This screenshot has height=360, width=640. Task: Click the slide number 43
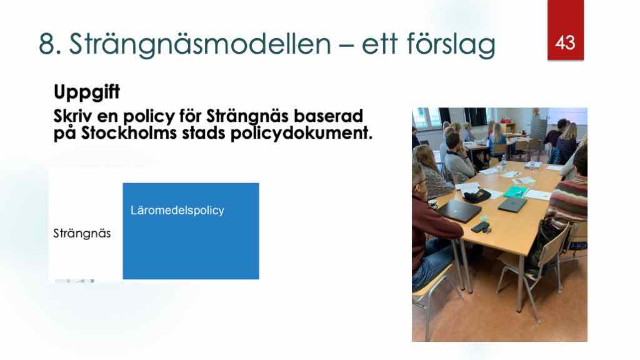pos(565,42)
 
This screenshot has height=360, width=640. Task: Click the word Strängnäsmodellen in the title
pos(200,44)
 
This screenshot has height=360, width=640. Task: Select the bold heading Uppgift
pos(86,92)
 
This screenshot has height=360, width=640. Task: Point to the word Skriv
pos(72,116)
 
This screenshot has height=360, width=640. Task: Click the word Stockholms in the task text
pos(129,133)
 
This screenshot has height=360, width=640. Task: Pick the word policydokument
pos(301,134)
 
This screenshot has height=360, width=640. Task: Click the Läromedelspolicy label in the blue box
pos(177,211)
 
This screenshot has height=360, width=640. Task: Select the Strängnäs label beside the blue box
pos(82,234)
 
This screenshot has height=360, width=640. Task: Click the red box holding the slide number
pos(565,30)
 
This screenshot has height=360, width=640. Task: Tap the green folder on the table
pos(516,191)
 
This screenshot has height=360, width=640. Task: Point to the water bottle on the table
pos(503,162)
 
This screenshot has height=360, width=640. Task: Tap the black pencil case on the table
pos(477,196)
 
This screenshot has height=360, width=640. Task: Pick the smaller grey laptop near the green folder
pos(513,204)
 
